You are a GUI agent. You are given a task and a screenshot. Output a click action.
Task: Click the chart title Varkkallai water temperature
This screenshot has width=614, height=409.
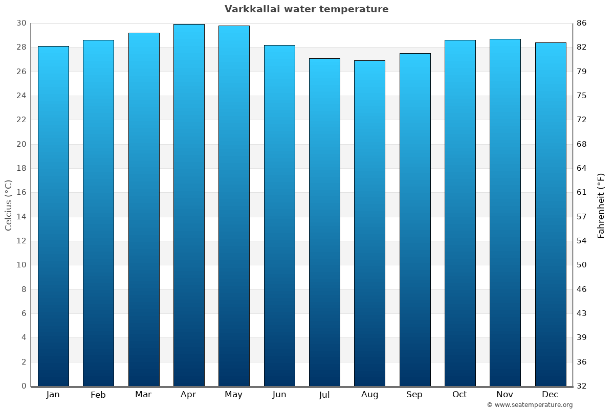pos(306,9)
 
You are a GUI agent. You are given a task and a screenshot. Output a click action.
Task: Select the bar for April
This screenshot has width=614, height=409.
pos(189,204)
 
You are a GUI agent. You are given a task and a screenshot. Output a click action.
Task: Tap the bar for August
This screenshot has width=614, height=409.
pos(369,223)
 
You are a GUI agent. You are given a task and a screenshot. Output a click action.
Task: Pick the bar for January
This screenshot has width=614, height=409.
pos(53,216)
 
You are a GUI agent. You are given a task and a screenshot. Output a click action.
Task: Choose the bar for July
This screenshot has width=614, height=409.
pos(324,222)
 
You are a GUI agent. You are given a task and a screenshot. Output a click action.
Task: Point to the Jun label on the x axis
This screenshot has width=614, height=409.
pos(279,395)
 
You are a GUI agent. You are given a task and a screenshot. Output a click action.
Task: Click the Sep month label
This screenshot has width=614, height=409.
pos(414,395)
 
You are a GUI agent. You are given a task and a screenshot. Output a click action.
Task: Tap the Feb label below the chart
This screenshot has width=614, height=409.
pos(98,395)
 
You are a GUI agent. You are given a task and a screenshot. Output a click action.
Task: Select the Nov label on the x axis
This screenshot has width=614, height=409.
pos(505,395)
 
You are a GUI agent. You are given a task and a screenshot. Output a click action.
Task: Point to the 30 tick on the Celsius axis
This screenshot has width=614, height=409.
pos(21,23)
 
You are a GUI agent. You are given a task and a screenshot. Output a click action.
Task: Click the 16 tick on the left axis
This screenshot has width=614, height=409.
pos(21,192)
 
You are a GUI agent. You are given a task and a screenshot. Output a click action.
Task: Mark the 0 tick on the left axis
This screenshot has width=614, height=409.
pos(24,386)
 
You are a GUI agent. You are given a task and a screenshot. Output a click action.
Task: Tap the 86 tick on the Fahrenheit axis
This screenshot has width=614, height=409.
pos(582,23)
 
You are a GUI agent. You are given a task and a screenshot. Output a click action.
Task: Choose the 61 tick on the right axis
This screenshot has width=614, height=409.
pos(582,192)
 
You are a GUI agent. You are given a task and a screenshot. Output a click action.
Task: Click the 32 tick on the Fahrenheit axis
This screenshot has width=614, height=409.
pos(582,386)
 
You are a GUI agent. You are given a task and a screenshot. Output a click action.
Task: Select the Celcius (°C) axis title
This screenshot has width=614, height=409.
pos(8,204)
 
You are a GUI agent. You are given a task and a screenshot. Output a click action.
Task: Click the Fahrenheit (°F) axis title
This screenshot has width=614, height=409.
pos(601,205)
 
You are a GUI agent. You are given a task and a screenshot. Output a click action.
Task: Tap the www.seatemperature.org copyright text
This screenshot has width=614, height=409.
pos(530,405)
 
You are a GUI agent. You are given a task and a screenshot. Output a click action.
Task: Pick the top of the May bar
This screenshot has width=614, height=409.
pos(234,26)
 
